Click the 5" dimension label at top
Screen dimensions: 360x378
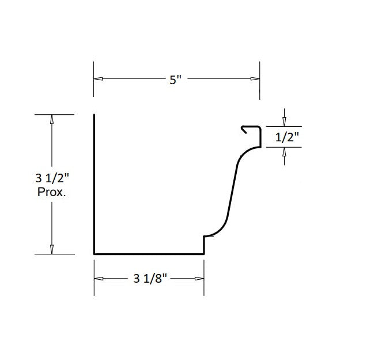point(176,80)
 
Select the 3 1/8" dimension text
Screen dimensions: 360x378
point(150,279)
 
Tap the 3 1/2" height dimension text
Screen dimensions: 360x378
point(51,179)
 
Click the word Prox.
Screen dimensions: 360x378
point(51,193)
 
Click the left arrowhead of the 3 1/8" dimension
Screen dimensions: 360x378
point(99,279)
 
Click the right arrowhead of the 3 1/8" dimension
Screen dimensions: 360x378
point(199,279)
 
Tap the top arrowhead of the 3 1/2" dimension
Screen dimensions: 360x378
point(52,119)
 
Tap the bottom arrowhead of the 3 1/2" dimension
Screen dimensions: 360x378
point(52,249)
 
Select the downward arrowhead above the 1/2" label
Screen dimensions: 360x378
point(283,122)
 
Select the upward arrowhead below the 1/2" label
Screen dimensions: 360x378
point(283,152)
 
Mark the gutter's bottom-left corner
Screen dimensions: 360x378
point(94,253)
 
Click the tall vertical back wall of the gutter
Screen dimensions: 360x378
point(94,185)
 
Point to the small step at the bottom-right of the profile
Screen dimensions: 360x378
point(205,243)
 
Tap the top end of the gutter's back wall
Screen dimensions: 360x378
point(94,116)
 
